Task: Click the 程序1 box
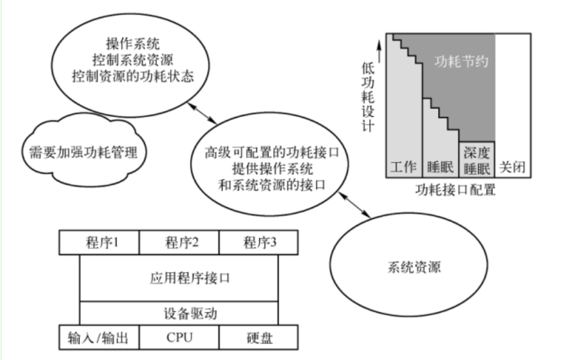99,243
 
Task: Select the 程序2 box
179,243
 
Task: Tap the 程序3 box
259,243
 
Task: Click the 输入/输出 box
99,336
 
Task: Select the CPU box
179,336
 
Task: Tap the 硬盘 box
259,336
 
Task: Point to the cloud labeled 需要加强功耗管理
83,151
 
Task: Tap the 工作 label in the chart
403,167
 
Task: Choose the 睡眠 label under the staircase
440,167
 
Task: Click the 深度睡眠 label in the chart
478,160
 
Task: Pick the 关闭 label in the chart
513,167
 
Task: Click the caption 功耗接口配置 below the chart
456,191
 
